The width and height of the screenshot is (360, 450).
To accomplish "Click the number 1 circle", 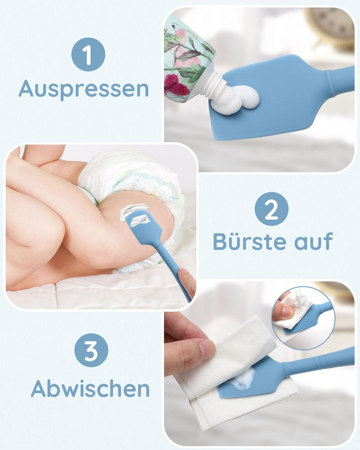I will [x=88, y=54].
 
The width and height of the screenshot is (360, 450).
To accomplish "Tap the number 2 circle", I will [x=271, y=209].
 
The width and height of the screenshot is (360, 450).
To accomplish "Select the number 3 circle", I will [x=91, y=350].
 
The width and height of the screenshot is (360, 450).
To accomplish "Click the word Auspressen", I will [x=84, y=89].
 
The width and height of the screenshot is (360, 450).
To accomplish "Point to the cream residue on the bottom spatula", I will [x=243, y=381].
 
